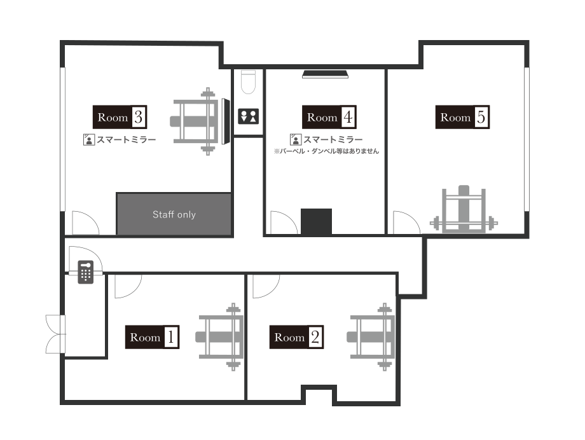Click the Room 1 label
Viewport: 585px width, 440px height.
[152, 337]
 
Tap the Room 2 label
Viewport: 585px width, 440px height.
[296, 337]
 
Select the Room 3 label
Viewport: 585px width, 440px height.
[120, 117]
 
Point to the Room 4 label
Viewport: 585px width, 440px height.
[329, 117]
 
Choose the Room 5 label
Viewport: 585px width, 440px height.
[462, 117]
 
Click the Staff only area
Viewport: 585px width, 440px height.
[174, 214]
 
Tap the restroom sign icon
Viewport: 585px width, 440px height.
[249, 116]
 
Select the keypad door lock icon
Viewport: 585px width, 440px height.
[86, 272]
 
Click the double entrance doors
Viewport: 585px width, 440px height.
[55, 334]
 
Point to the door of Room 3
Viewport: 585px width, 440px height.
[84, 223]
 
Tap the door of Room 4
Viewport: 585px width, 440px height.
[283, 223]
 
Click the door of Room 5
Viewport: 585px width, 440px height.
[405, 223]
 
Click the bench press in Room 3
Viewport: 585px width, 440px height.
[200, 121]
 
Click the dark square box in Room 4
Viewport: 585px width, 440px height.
[316, 221]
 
